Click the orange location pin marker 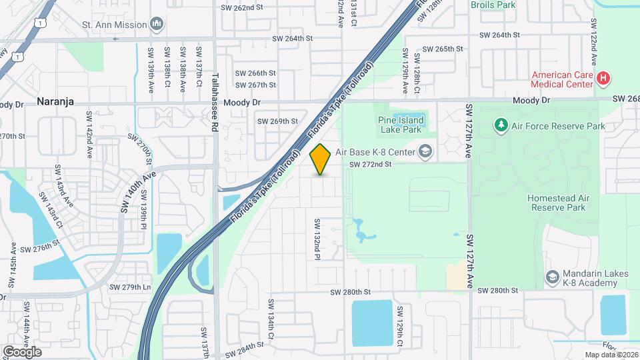(321, 159)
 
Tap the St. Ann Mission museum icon (157, 25)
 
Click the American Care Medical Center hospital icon (603, 79)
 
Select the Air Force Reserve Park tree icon (501, 125)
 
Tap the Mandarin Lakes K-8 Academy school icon (552, 277)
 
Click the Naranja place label (55, 102)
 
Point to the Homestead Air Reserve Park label (559, 203)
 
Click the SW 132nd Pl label (318, 238)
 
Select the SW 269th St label (277, 121)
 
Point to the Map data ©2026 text (611, 355)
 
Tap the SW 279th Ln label (129, 287)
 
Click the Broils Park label (493, 5)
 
